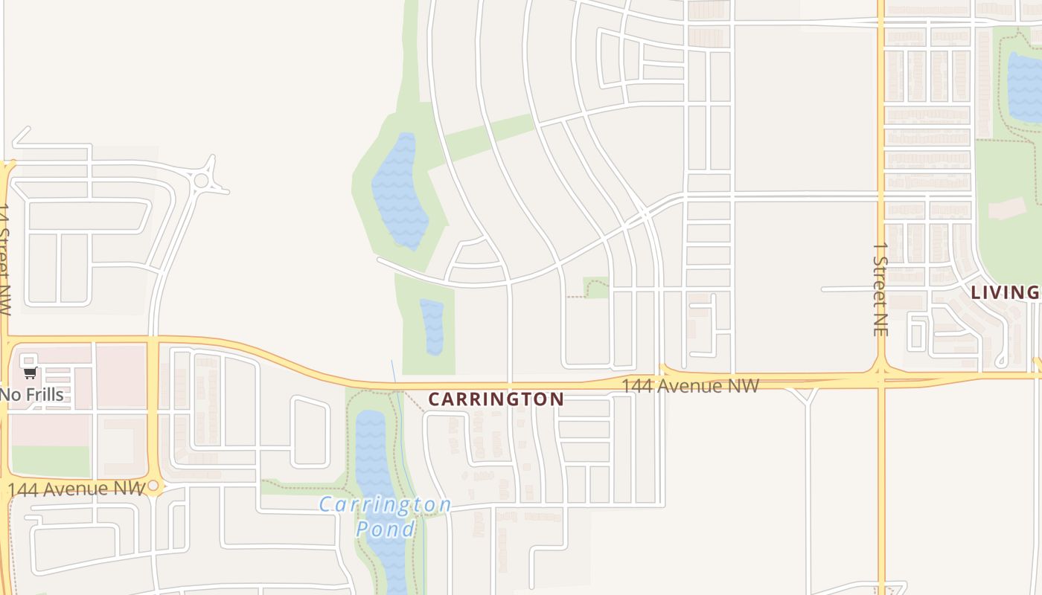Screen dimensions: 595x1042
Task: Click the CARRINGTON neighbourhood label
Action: (x=496, y=399)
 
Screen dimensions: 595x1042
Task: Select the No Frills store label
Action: (x=32, y=394)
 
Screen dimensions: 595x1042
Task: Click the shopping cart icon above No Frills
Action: (x=30, y=373)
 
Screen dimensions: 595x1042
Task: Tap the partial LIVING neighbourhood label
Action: (x=1005, y=292)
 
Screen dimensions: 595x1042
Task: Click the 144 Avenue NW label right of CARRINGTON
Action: (x=690, y=386)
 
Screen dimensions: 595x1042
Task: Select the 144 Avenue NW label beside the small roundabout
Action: (x=74, y=489)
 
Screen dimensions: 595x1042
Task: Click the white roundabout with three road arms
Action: (x=201, y=180)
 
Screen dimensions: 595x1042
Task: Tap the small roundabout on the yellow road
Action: (x=153, y=486)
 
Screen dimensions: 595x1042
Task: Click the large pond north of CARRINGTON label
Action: (x=399, y=192)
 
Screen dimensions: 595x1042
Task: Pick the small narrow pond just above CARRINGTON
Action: (x=432, y=327)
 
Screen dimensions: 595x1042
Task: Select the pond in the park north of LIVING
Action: (x=1026, y=86)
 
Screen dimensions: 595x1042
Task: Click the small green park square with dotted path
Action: (x=595, y=287)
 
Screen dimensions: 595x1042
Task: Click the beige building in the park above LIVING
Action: (x=1006, y=208)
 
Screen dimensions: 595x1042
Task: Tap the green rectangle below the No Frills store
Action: (x=51, y=461)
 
